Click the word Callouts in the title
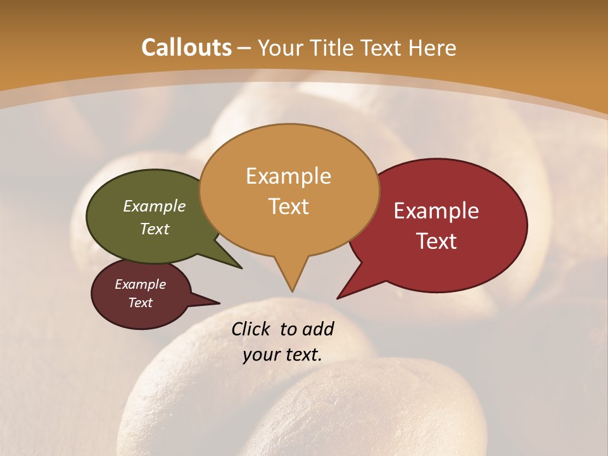coord(186,47)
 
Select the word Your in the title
coord(281,47)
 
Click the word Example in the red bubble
coord(436,211)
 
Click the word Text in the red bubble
coord(436,241)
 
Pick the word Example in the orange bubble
coord(288,176)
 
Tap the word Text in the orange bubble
coord(288,206)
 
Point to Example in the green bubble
coord(155,206)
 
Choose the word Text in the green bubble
coord(155,229)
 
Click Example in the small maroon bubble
coord(140,284)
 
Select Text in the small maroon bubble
coord(140,303)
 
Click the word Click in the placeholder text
coord(252,329)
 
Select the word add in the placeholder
coord(317,329)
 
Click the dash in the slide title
coord(244,47)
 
